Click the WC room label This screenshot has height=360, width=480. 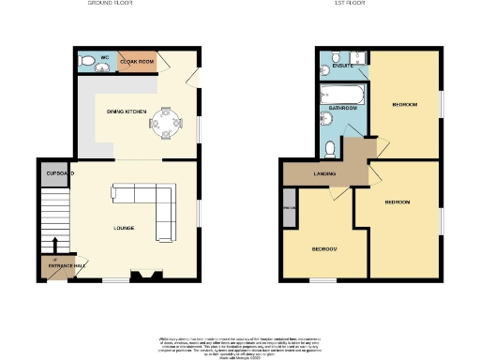coord(105,59)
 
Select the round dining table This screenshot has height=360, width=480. coord(167,122)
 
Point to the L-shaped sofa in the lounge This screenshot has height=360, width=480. coord(150,202)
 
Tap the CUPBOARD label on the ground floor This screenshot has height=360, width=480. coord(59,174)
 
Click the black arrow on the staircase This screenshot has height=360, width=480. coord(54,256)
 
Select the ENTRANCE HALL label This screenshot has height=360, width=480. coord(59,266)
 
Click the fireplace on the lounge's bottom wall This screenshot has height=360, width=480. coord(142,276)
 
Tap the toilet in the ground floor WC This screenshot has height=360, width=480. coord(87,62)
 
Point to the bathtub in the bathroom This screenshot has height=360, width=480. coord(339,93)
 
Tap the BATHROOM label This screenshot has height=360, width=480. coord(342,108)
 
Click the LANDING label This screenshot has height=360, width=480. coord(325,173)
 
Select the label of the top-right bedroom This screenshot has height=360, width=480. coord(405,104)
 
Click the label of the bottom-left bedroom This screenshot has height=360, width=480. coord(324,248)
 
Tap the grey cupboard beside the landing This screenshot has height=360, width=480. coord(289,209)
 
